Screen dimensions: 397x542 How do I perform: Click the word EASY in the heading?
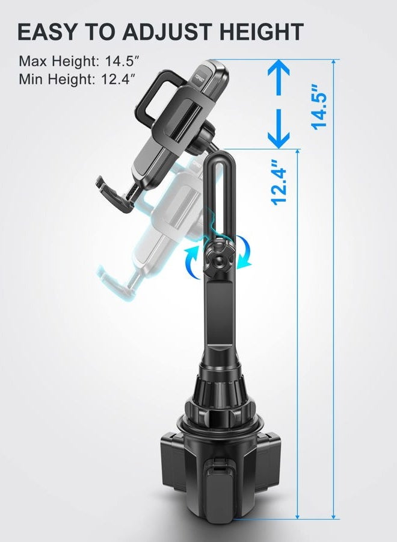click(x=46, y=31)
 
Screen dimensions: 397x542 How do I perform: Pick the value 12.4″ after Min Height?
click(x=118, y=79)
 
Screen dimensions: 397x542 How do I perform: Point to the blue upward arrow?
click(x=279, y=78)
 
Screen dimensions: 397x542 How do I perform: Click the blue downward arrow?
click(x=279, y=128)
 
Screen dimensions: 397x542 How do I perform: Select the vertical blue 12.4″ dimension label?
click(x=279, y=182)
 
